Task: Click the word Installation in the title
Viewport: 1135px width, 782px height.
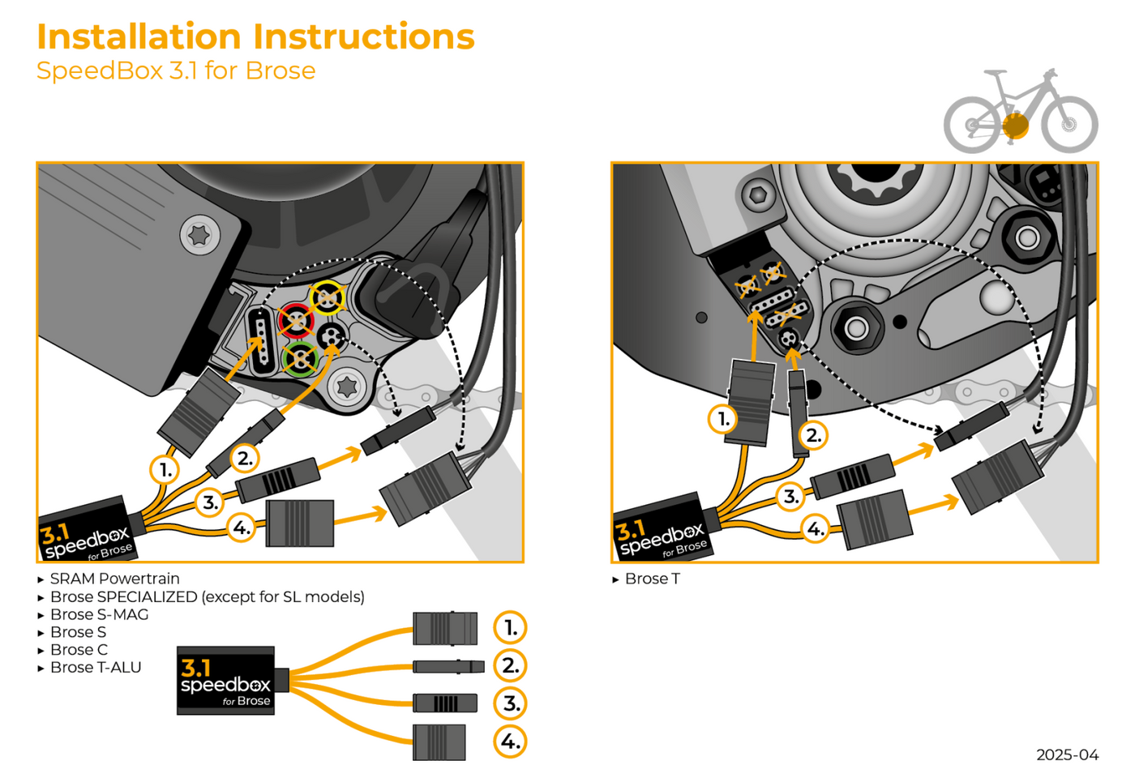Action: click(139, 36)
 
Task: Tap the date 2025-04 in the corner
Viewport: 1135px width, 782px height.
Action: click(1067, 754)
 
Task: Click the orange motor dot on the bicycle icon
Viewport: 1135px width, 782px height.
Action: click(1015, 126)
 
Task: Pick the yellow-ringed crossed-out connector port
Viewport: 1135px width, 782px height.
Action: click(328, 298)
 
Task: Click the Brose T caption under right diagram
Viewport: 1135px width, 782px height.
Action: click(652, 579)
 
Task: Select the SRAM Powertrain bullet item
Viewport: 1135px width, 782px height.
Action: click(114, 579)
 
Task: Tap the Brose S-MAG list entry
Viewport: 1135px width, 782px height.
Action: click(99, 614)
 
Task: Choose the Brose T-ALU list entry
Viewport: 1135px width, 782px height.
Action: click(95, 668)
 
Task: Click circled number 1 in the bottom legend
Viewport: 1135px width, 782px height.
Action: click(510, 627)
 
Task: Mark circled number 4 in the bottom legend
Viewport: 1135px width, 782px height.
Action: click(510, 741)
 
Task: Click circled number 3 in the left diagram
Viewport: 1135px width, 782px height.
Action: click(210, 502)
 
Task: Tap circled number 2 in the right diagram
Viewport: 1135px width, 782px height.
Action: click(813, 435)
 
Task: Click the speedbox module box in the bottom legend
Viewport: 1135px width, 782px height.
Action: click(225, 681)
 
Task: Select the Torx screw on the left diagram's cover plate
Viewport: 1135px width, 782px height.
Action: click(199, 236)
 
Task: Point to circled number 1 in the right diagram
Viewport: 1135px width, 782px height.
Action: click(723, 419)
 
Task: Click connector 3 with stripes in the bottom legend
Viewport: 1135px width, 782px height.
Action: click(444, 703)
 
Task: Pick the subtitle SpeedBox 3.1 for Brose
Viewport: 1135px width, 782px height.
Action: click(176, 71)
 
